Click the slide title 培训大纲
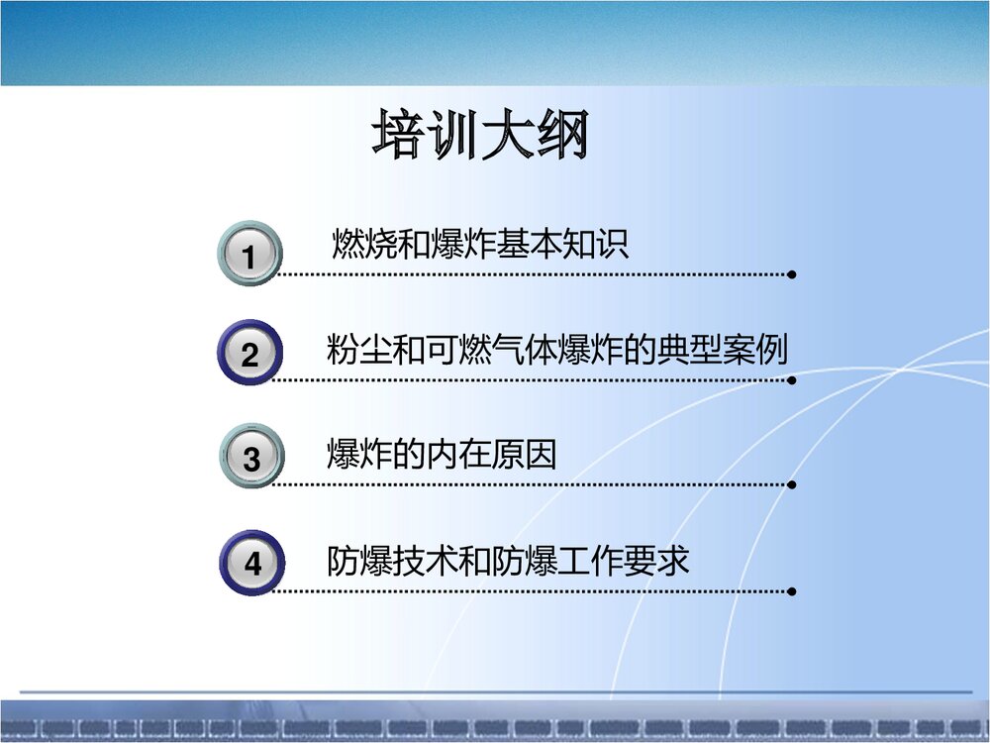click(x=481, y=137)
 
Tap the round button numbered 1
click(x=249, y=254)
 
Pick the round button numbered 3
click(x=250, y=457)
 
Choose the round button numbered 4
click(x=251, y=562)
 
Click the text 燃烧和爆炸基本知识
click(x=480, y=244)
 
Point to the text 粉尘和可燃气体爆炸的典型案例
click(x=556, y=350)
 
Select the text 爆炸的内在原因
click(x=442, y=455)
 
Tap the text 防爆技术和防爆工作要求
click(x=508, y=561)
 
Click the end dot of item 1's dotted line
click(x=792, y=274)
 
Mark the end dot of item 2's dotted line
click(x=792, y=379)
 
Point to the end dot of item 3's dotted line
click(x=792, y=485)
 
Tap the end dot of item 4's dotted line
click(x=792, y=591)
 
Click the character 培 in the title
click(x=400, y=137)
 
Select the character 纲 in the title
click(x=562, y=137)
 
